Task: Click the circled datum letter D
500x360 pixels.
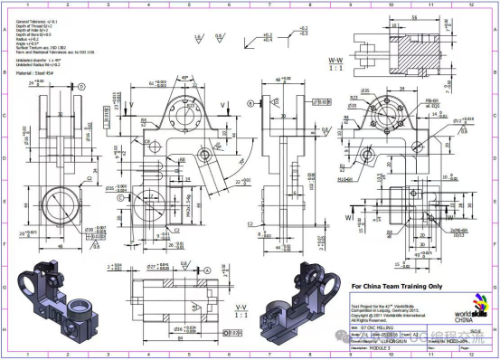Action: point(81,86)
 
